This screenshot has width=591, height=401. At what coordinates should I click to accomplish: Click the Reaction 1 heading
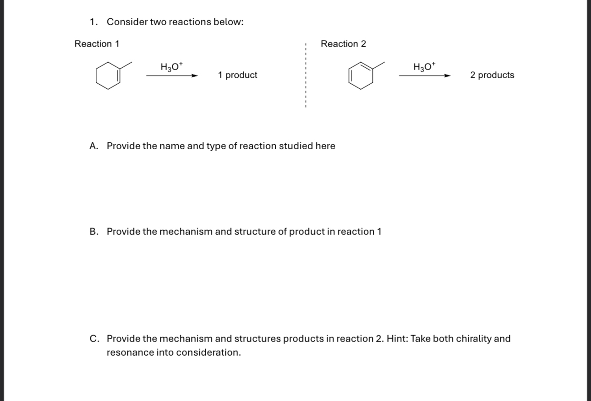(x=97, y=44)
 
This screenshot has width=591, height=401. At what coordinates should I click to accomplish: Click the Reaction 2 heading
(x=343, y=44)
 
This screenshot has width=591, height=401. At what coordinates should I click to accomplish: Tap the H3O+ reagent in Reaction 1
(x=172, y=67)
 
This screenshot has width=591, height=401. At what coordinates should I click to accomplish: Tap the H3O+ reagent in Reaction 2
(x=425, y=67)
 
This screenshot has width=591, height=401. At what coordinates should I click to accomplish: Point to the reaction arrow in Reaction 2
(x=425, y=76)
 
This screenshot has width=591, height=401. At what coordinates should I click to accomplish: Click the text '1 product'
(x=237, y=75)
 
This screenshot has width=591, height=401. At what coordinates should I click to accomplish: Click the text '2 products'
(x=492, y=75)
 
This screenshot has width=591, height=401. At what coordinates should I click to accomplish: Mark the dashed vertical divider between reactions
(x=305, y=76)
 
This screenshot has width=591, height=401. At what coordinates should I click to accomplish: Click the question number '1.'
(x=94, y=22)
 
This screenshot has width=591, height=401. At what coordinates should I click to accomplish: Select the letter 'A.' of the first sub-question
(x=94, y=146)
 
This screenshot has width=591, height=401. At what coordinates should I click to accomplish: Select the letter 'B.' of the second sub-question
(x=94, y=232)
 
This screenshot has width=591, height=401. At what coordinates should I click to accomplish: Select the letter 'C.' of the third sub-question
(x=94, y=339)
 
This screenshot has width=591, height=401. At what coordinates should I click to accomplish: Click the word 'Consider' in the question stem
(x=127, y=22)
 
